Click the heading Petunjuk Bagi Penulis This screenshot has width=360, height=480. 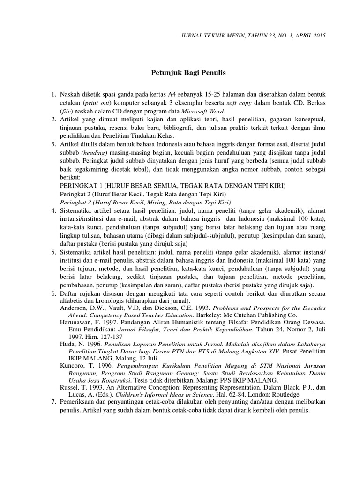click(188, 73)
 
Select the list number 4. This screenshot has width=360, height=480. click(53, 211)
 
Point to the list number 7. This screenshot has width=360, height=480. click(53, 402)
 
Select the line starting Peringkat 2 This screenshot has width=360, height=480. click(143, 194)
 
